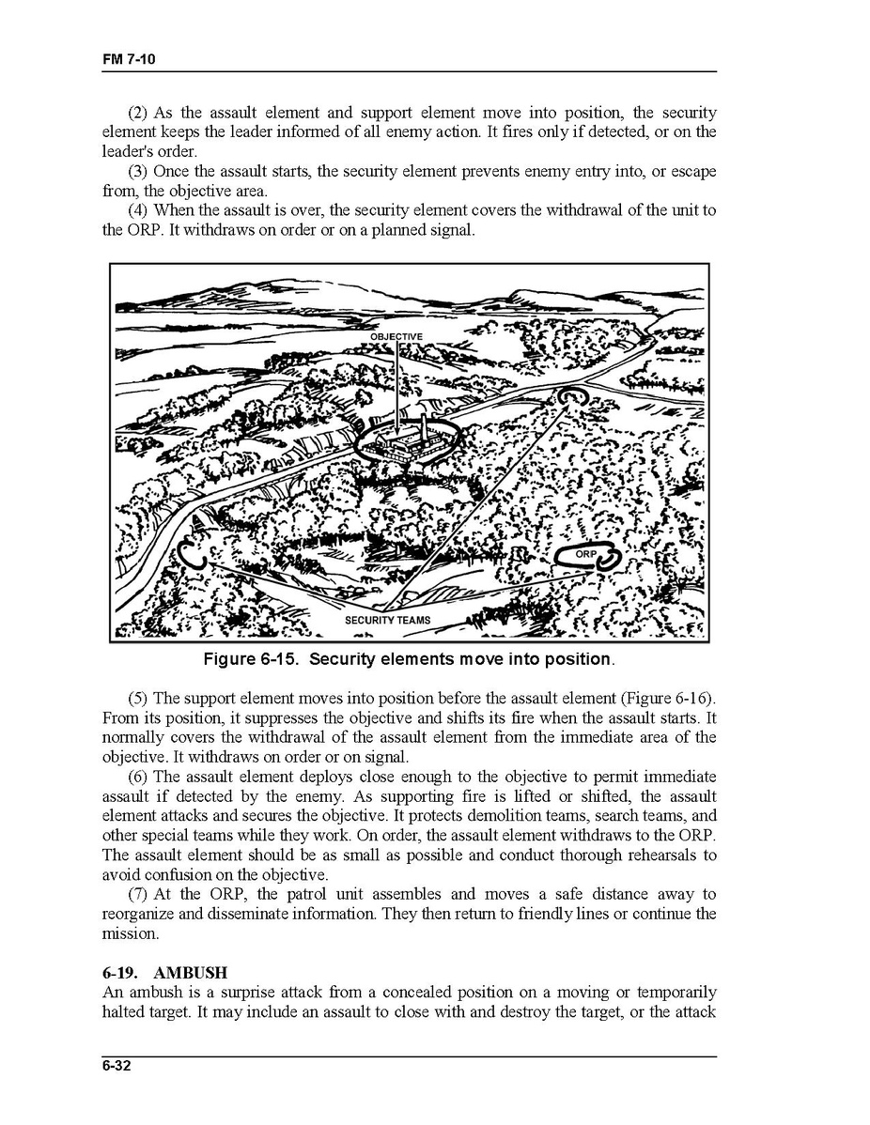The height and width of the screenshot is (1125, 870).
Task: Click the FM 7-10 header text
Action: pyautogui.click(x=129, y=59)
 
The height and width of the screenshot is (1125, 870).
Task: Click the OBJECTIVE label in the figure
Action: pyautogui.click(x=396, y=336)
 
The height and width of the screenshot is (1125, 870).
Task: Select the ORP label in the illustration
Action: pyautogui.click(x=585, y=555)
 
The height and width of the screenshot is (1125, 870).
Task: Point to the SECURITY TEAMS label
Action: pyautogui.click(x=387, y=621)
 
